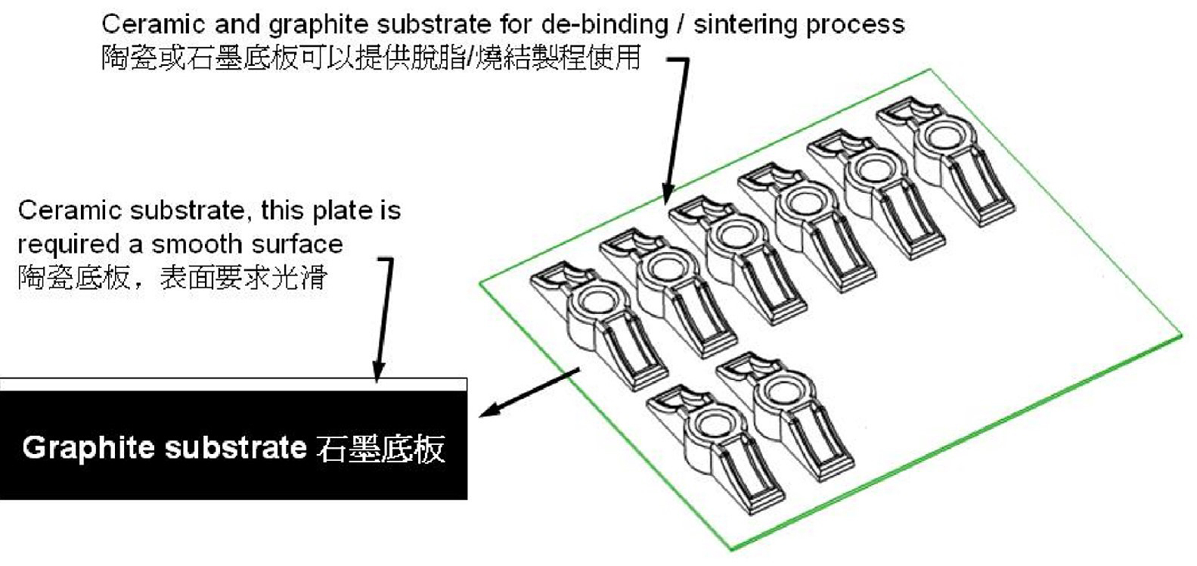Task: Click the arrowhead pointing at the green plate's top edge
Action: pos(666,194)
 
